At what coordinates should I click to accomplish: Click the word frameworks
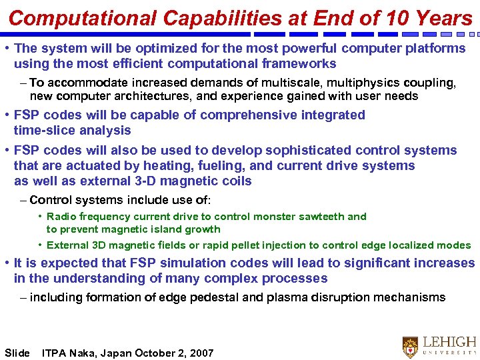pos(301,63)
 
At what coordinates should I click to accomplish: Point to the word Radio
pos(61,217)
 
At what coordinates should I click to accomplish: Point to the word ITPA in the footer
pos(53,353)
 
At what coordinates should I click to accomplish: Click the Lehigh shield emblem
pos(411,347)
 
